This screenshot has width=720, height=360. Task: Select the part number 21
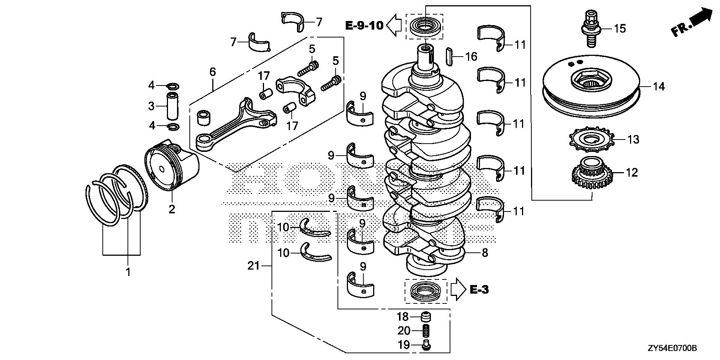(253, 266)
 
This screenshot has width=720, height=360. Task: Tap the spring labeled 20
(426, 331)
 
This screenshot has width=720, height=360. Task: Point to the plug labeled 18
(425, 317)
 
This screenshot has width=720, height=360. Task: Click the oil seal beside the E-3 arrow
(425, 291)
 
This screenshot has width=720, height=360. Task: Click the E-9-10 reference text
(364, 25)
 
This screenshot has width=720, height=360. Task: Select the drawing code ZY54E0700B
(672, 349)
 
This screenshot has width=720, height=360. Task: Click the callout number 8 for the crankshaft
(485, 253)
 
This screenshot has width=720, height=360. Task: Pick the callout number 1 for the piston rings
(128, 272)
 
